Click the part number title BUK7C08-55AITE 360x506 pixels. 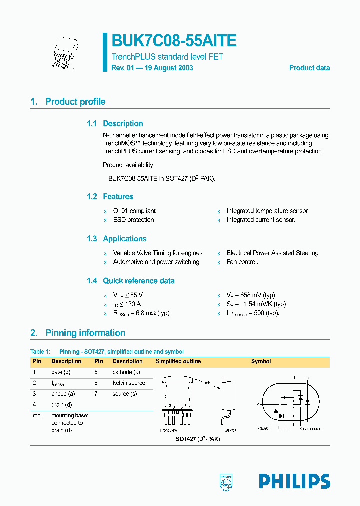(174, 41)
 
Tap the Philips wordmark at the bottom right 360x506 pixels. (294, 481)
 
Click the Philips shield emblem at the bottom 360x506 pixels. (226, 482)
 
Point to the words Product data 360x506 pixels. (309, 68)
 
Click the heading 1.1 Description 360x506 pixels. (115, 124)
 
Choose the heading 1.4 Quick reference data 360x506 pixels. (131, 281)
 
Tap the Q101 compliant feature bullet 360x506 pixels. (134, 211)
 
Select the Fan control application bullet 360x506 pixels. (242, 262)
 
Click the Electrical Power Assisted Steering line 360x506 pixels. (272, 253)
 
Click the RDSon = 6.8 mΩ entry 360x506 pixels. (142, 313)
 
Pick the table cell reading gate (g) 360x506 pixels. (61, 372)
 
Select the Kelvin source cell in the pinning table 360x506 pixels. (129, 383)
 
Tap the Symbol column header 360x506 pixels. (261, 361)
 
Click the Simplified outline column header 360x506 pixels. (178, 361)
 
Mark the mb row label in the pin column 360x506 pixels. (36, 415)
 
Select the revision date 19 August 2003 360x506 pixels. (167, 68)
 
